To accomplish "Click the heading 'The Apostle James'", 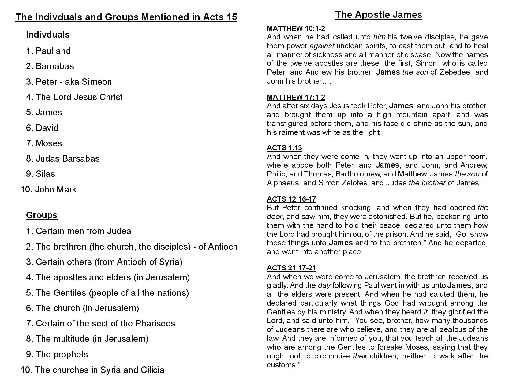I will coord(378,15).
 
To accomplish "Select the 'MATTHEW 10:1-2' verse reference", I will coord(296,28).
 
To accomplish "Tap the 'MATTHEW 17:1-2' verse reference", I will coord(296,97).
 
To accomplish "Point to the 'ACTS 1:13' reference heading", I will coord(284,148).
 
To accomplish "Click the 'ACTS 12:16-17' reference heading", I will coord(291,199).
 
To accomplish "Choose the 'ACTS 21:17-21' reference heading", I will coord(291,268).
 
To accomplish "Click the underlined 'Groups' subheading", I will coord(41,215).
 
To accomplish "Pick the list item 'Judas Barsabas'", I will coord(67,158).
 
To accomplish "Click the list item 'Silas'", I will coord(45,174).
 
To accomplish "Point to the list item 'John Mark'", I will coord(55,189).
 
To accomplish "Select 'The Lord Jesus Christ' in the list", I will coord(79,97).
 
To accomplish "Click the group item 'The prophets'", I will coord(62,354).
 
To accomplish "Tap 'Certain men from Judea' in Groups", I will coord(83,231).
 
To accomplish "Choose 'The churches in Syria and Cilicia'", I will coord(99,370).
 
